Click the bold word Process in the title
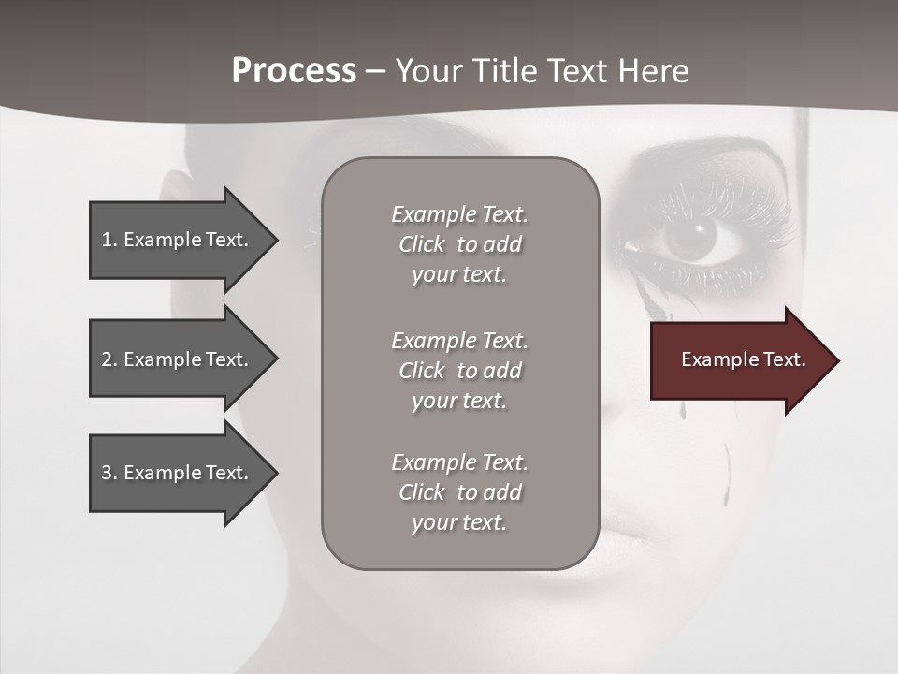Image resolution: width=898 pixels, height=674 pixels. (294, 71)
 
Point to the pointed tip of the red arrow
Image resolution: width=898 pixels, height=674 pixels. (836, 360)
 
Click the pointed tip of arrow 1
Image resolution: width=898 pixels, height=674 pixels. (276, 240)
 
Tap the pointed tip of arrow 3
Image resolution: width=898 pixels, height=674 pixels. (276, 473)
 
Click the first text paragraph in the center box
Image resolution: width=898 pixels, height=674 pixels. (459, 244)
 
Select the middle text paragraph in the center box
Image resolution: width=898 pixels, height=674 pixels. (459, 371)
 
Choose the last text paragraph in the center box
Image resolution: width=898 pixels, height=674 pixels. (459, 492)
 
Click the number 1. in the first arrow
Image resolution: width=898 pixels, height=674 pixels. (109, 240)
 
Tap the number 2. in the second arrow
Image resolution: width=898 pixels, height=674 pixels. (109, 359)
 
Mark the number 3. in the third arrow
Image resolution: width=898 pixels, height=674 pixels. (109, 473)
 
